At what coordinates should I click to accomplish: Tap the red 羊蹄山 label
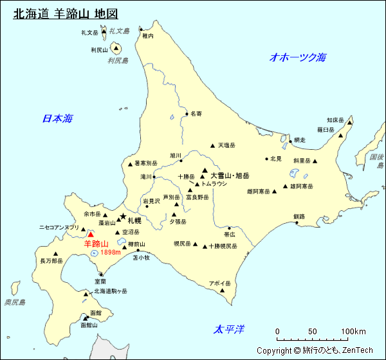click(96, 244)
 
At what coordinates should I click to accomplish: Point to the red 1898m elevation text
click(111, 252)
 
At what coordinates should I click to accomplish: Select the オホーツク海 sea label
click(298, 57)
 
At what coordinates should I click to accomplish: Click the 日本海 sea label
click(57, 118)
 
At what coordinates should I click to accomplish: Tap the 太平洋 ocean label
click(230, 330)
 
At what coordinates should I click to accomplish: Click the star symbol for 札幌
click(123, 216)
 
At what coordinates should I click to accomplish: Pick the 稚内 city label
click(148, 37)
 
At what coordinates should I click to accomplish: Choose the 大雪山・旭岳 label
click(230, 175)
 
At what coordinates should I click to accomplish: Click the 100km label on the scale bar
click(353, 332)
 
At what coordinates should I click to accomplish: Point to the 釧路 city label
click(299, 217)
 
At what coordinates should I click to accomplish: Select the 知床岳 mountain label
click(336, 120)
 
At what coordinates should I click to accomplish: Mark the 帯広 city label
click(230, 235)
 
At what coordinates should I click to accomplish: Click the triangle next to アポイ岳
click(223, 291)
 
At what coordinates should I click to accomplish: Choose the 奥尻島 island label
click(14, 302)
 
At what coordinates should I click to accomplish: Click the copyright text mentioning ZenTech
click(315, 350)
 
